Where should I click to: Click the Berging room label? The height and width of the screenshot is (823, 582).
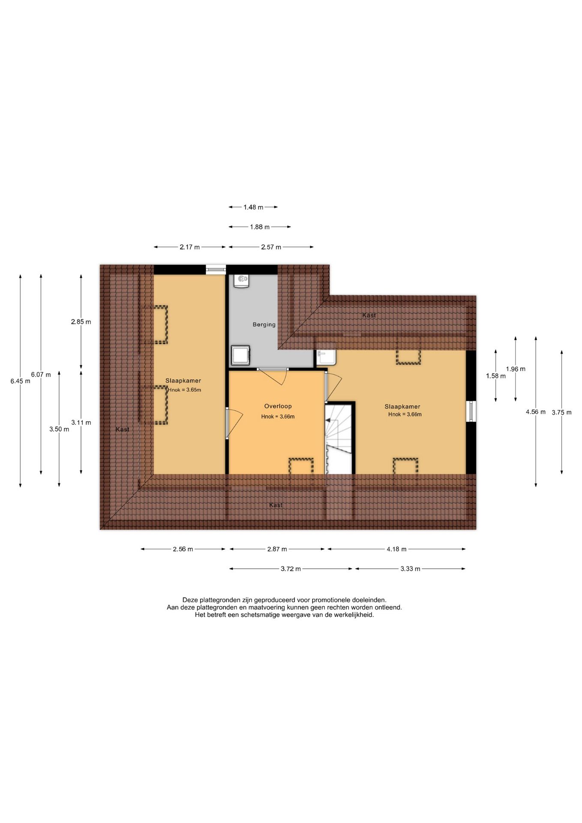[264, 324]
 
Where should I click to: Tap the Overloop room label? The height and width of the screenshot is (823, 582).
[278, 406]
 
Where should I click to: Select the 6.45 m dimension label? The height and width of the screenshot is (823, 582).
[20, 381]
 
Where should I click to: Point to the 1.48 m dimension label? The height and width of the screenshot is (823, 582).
[253, 207]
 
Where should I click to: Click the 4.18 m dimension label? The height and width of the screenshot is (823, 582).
[396, 549]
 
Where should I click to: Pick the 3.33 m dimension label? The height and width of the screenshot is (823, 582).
[410, 569]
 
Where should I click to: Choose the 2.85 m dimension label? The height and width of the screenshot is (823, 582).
[81, 322]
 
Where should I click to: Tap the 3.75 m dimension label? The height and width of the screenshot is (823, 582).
[561, 412]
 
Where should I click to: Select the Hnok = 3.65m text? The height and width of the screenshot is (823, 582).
[184, 390]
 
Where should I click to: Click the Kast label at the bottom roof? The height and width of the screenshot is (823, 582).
[276, 505]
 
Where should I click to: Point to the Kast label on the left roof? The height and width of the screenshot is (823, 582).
[122, 429]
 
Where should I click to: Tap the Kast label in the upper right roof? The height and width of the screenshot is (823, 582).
[369, 315]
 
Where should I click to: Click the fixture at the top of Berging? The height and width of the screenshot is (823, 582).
[242, 281]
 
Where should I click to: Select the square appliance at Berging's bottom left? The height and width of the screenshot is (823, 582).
[240, 355]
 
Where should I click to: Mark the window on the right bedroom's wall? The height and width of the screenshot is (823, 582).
[471, 411]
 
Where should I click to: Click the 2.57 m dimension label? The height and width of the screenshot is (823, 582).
[271, 247]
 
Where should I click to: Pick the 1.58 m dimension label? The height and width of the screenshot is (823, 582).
[496, 376]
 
